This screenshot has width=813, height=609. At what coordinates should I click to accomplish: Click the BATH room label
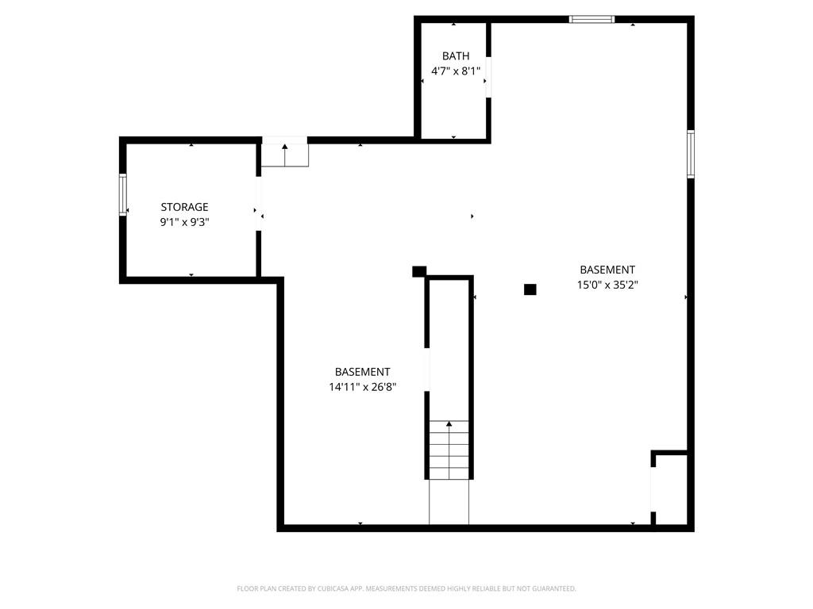click(x=456, y=56)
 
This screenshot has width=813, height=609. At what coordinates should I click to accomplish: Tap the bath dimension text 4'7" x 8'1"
click(x=456, y=71)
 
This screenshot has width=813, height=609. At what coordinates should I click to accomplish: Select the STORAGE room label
click(x=184, y=207)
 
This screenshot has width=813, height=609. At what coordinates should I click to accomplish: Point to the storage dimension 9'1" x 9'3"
click(x=184, y=222)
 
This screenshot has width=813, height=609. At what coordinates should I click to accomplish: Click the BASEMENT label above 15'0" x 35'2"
click(x=607, y=270)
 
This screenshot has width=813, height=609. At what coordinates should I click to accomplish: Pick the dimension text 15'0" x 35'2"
click(x=607, y=285)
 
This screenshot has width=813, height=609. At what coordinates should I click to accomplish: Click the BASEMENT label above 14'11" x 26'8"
click(x=362, y=372)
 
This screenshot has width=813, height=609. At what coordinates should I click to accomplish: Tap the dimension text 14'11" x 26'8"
click(x=362, y=387)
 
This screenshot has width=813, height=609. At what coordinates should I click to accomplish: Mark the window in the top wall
click(x=591, y=20)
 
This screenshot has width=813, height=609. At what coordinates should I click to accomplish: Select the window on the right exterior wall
click(x=691, y=154)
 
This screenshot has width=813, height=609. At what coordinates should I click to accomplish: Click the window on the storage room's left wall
click(x=123, y=195)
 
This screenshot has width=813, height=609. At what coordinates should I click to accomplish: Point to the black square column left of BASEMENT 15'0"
click(x=530, y=289)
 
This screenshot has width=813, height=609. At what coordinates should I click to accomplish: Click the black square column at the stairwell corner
click(x=419, y=271)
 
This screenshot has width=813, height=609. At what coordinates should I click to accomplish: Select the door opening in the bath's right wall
click(x=488, y=77)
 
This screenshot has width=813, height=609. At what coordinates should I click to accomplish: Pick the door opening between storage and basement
click(x=258, y=204)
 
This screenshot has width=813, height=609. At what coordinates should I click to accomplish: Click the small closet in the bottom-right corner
click(x=670, y=489)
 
